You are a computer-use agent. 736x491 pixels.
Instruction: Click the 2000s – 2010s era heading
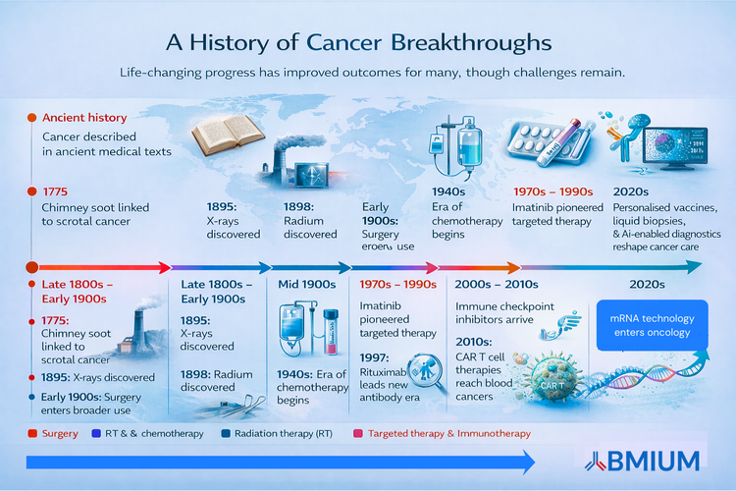[x=497, y=284]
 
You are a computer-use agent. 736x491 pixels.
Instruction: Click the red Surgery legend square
[x=34, y=433]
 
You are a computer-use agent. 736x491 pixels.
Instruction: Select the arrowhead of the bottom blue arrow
[x=527, y=461]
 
